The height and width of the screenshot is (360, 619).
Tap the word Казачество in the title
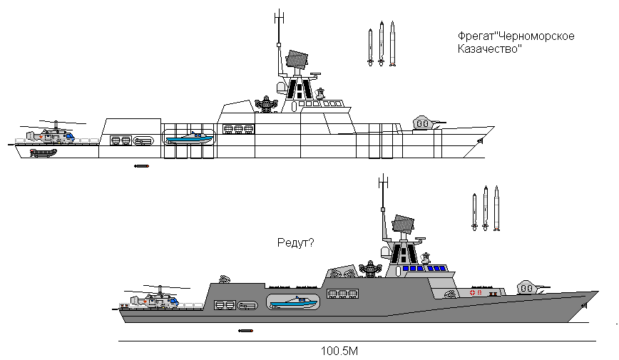(x=490, y=50)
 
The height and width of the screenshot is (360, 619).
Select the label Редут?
(x=295, y=243)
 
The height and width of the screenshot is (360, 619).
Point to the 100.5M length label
(x=339, y=351)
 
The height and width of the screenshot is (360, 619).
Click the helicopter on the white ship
(x=52, y=133)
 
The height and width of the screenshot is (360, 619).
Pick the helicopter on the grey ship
(x=158, y=299)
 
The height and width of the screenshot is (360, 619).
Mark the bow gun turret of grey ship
(x=529, y=287)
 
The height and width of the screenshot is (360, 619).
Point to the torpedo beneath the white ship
(x=141, y=167)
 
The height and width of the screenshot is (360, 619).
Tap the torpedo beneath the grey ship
(x=247, y=331)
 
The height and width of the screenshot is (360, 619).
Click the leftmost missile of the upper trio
(x=369, y=47)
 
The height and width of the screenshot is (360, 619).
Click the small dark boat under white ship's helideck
(x=44, y=152)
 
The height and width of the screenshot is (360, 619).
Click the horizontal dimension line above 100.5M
(x=357, y=341)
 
